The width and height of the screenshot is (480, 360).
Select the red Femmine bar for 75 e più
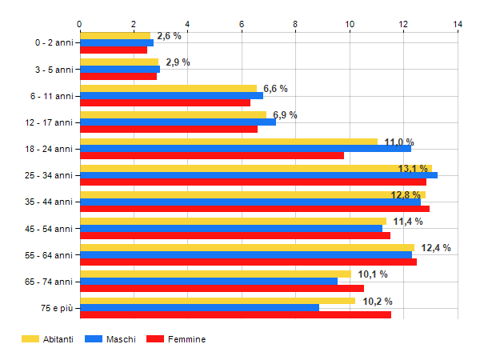236,314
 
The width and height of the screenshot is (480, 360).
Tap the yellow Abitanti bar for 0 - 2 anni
115,35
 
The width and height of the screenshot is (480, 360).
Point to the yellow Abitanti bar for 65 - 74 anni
216,274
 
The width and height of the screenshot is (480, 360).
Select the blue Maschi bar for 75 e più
200,307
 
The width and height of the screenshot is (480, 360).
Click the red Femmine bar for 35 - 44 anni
254,209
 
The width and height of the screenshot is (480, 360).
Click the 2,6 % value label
169,36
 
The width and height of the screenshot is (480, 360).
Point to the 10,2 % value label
378,302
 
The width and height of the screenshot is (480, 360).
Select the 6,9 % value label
285,115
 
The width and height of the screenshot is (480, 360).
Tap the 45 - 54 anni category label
50,228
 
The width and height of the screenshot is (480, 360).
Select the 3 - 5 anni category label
53,69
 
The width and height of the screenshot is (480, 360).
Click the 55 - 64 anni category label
50,254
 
